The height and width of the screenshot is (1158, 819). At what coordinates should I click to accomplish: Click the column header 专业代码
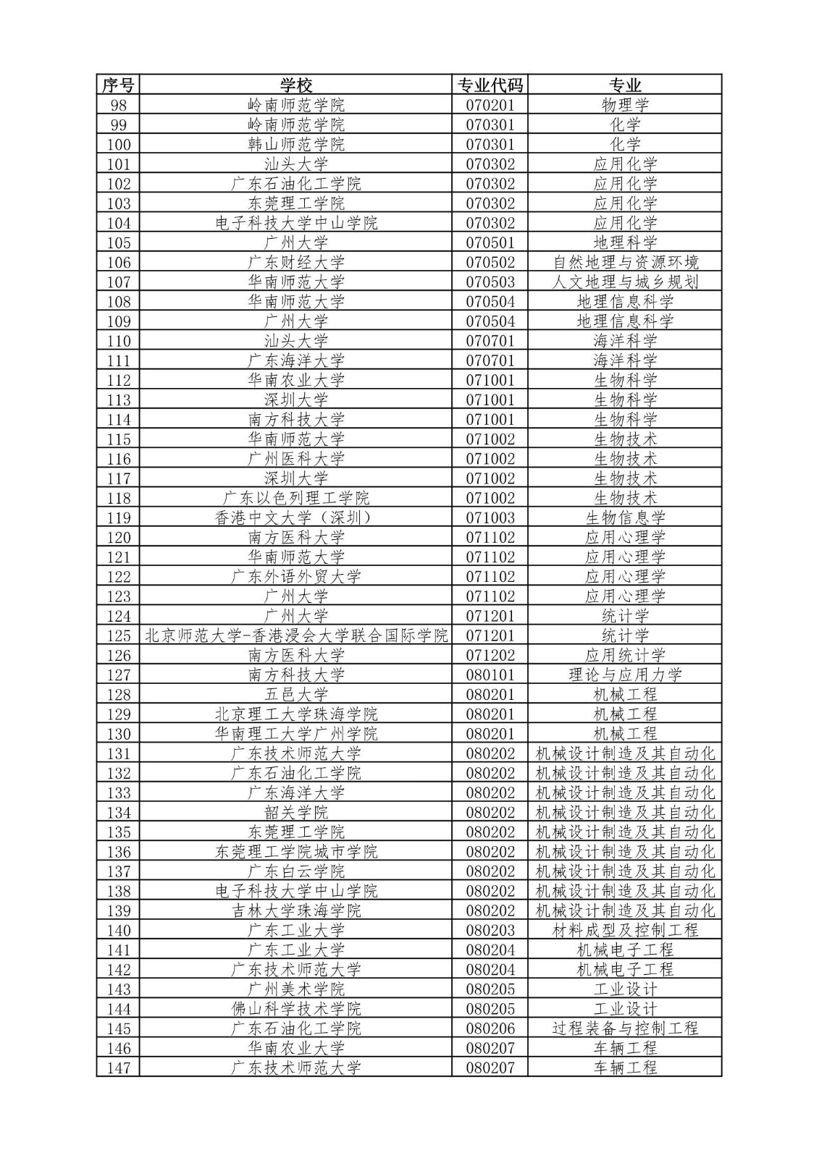pos(490,85)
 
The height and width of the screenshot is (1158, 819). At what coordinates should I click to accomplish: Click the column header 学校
pos(296,85)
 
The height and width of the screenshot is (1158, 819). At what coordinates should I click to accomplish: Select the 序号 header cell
pos(118,85)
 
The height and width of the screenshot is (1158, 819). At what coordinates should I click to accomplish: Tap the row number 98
pos(118,105)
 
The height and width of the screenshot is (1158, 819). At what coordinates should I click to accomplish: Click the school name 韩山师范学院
pos(296,144)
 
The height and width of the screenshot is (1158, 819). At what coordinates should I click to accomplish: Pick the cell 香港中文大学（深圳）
pos(296,517)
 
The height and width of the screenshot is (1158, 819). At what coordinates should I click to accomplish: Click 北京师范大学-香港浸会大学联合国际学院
pos(296,635)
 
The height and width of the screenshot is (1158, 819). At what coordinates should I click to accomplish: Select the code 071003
pos(490,517)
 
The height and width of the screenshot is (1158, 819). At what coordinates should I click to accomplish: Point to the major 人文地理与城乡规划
pos(625,282)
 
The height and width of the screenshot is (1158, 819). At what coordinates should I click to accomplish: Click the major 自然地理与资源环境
pos(625,262)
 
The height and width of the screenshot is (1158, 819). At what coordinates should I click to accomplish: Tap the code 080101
pos(490,675)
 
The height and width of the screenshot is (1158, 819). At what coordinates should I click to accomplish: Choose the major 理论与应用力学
pos(625,675)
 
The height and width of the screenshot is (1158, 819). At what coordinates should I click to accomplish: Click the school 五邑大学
pos(296,694)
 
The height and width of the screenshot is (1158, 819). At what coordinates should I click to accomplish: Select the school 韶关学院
pos(296,812)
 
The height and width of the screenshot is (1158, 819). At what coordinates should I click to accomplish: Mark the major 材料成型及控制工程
pos(625,930)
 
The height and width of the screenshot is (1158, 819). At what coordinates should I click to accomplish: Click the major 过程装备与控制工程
pos(625,1028)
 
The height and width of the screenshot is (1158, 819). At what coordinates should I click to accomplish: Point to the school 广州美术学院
pos(296,989)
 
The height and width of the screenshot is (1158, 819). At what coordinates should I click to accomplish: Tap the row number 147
pos(118,1068)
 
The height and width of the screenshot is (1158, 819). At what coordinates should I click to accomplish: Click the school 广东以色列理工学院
pos(296,498)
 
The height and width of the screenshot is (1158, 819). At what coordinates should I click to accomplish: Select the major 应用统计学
pos(625,655)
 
